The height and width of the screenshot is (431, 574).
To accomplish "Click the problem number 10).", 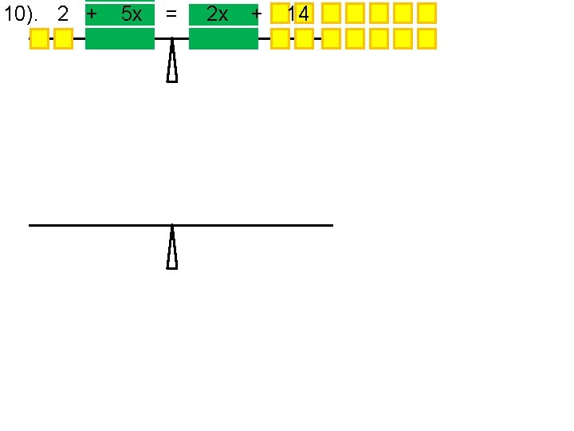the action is tap(22, 14).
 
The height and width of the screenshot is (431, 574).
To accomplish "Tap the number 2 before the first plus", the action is tap(63, 14).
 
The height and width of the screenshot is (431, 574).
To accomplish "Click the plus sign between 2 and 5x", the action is tap(92, 14).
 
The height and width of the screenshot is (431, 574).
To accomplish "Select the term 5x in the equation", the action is tap(132, 14).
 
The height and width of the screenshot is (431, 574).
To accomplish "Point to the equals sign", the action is tap(171, 14).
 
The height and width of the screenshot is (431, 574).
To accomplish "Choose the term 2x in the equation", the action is tap(217, 14).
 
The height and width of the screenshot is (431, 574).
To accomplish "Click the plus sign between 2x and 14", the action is tap(256, 14).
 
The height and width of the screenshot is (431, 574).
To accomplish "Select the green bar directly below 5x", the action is tap(120, 38).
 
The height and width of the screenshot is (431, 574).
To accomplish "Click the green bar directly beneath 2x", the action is tap(223, 38).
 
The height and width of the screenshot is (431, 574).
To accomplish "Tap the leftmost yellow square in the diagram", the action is tap(39, 38).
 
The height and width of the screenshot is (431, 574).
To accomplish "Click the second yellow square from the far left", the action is tap(63, 38).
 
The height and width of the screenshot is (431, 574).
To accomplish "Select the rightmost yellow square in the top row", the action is tap(427, 13).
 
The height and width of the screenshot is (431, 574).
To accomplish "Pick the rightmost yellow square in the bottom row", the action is tap(427, 38).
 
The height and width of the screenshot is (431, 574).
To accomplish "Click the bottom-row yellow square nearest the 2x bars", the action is tap(280, 38).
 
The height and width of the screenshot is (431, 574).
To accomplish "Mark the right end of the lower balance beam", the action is tap(331, 225).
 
